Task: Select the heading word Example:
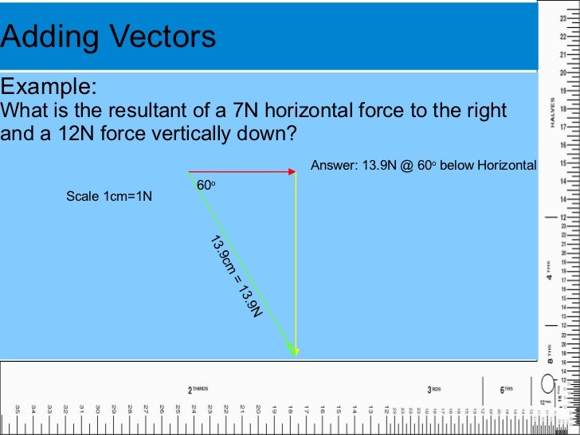pos(49,86)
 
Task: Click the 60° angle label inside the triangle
pos(206,185)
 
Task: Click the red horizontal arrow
pos(242,171)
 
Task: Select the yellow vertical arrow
pos(296,263)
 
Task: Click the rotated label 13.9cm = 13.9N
pos(236,276)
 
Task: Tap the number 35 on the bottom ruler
pos(18,408)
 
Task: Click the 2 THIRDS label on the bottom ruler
pos(198,390)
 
